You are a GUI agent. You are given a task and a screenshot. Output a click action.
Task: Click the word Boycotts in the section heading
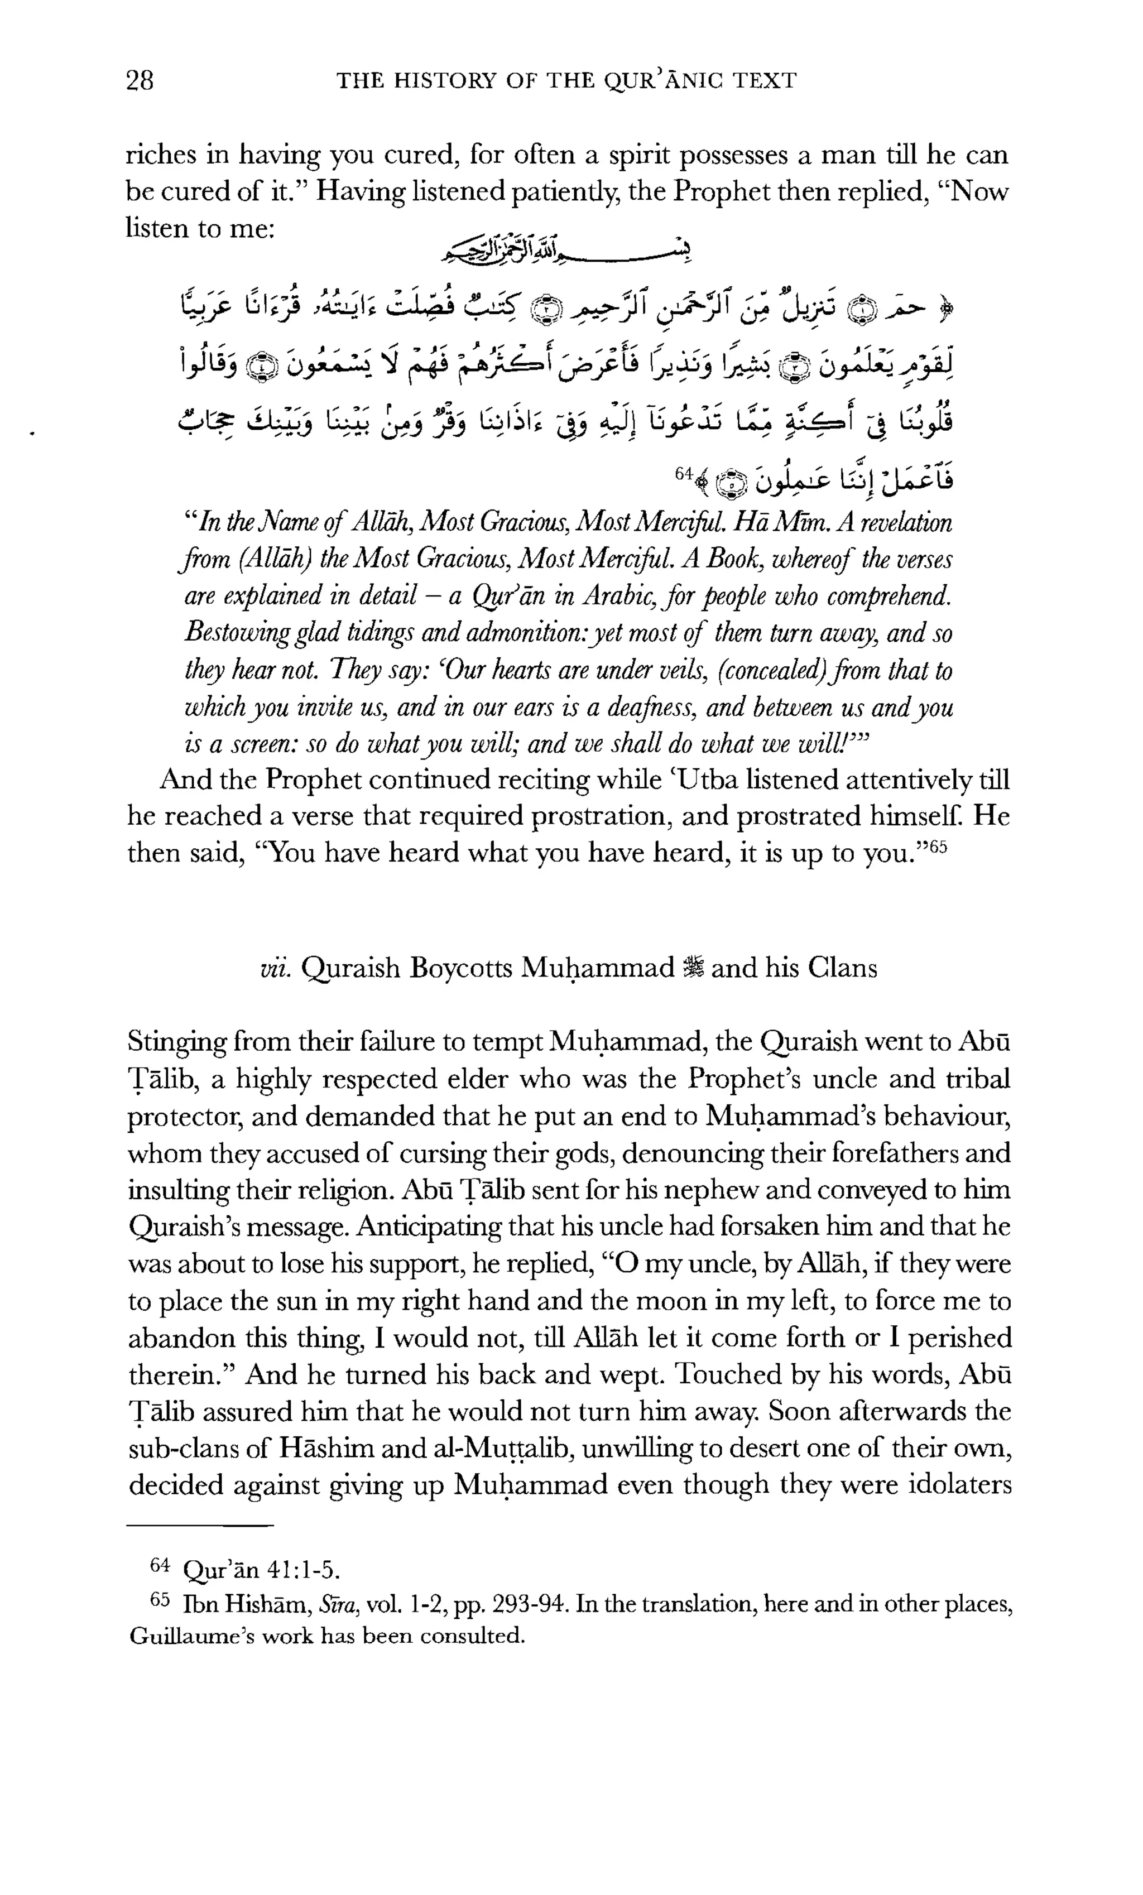click(462, 968)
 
